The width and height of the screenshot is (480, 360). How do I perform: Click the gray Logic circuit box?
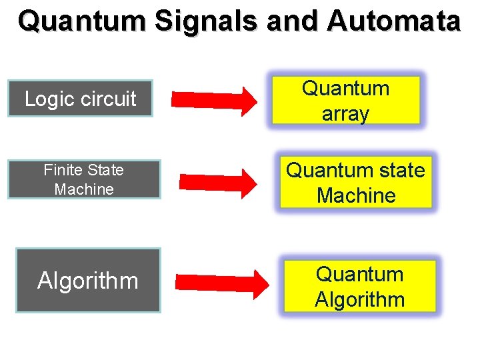coord(80,99)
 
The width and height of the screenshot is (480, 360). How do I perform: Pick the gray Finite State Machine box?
coord(84,179)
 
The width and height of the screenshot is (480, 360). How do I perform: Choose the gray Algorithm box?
coord(88,281)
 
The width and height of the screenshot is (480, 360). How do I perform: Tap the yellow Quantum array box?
coord(345,101)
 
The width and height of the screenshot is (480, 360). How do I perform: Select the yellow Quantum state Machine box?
coord(355,183)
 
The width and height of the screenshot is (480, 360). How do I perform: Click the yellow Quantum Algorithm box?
coord(359,287)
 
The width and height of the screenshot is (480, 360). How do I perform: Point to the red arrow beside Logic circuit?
coord(214,101)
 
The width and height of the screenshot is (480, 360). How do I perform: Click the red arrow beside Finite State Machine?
coord(218,181)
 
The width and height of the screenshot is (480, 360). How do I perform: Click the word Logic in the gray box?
coord(48,99)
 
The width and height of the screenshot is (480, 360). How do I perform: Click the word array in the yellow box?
coord(345,114)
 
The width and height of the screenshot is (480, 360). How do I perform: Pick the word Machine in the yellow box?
coord(356,195)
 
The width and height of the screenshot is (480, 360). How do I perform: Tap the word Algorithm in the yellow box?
coord(359,299)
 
